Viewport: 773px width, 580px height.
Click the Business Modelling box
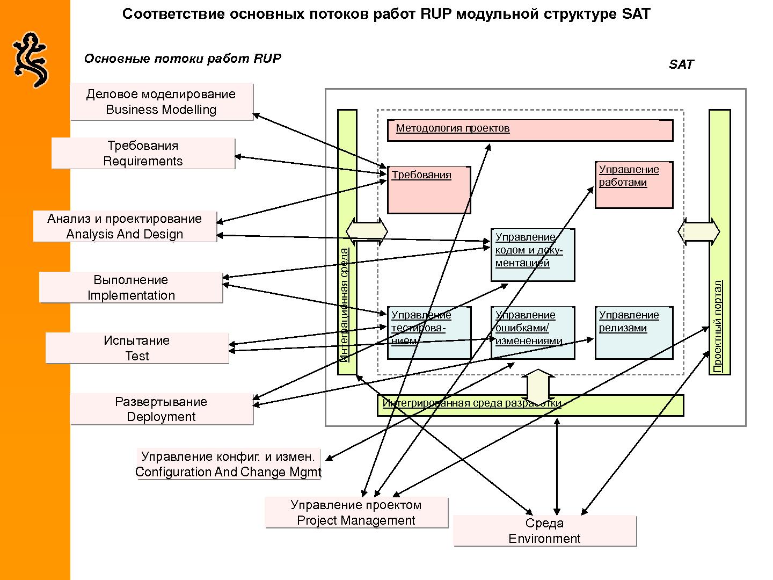(x=161, y=102)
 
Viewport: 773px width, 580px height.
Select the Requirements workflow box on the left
(x=143, y=154)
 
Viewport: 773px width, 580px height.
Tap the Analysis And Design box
(x=125, y=226)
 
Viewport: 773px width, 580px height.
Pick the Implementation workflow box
(x=131, y=287)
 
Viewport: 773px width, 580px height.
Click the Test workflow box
(x=137, y=348)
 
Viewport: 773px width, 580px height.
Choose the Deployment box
(x=161, y=409)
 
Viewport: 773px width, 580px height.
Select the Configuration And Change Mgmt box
(x=228, y=464)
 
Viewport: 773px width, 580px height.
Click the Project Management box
(x=356, y=512)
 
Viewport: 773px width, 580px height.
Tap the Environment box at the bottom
(x=544, y=531)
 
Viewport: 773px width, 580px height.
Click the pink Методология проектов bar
(x=530, y=130)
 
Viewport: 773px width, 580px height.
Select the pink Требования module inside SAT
(x=428, y=190)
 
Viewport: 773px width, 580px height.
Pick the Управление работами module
(x=633, y=185)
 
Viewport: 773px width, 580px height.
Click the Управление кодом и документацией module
(x=533, y=255)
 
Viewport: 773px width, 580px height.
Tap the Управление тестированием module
(x=429, y=332)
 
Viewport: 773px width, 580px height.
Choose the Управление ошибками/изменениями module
(x=533, y=332)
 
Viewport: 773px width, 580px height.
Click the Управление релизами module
(x=633, y=332)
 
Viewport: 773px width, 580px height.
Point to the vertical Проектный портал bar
(x=719, y=242)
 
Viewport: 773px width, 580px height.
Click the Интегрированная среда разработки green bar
(x=530, y=405)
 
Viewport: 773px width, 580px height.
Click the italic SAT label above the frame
(x=681, y=64)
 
